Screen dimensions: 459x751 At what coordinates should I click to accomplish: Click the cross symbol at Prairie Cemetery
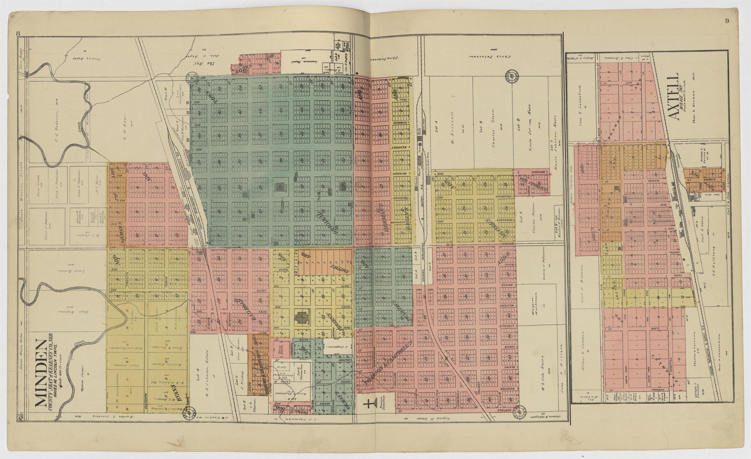click(x=368, y=404)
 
